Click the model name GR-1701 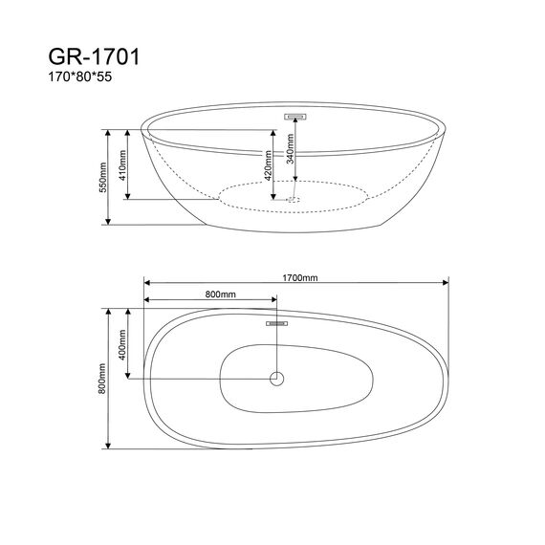tap(94, 56)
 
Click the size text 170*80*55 tap(80, 76)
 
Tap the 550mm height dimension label tap(103, 177)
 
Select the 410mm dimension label tap(122, 165)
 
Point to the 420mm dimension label tap(268, 165)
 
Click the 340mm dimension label tap(291, 149)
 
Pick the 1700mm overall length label tap(299, 277)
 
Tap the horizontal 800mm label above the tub tap(220, 294)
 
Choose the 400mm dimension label tap(122, 345)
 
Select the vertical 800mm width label tap(102, 379)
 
